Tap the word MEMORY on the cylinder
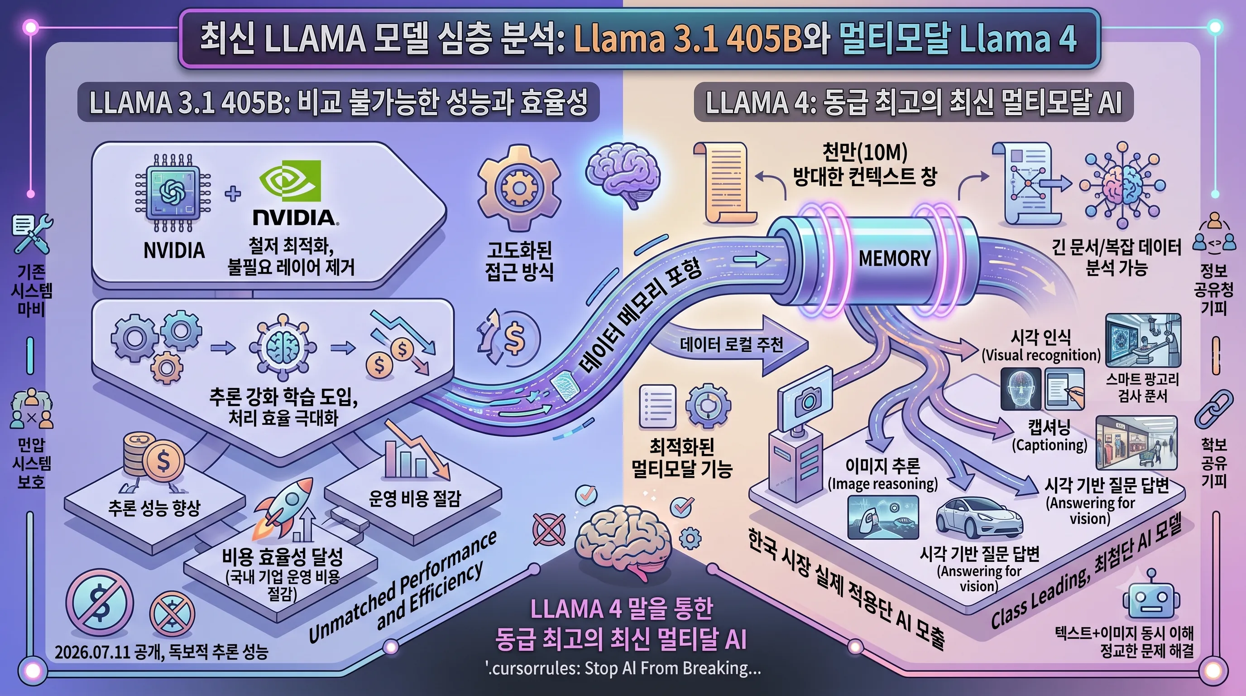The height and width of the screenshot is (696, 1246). click(x=894, y=258)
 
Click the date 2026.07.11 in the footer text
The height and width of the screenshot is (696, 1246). click(x=92, y=652)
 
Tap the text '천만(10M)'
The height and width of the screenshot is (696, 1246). click(x=864, y=152)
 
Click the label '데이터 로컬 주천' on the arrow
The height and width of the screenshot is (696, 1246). click(x=731, y=345)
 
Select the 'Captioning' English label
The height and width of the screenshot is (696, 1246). click(x=1049, y=445)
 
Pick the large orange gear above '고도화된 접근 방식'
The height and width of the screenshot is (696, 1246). click(x=519, y=188)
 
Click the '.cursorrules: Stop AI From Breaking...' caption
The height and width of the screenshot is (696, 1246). click(x=623, y=668)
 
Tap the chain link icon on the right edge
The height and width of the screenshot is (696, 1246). click(x=1213, y=409)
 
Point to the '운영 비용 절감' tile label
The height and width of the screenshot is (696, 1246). click(x=415, y=498)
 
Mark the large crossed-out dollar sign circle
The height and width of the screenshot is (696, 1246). click(x=100, y=603)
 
